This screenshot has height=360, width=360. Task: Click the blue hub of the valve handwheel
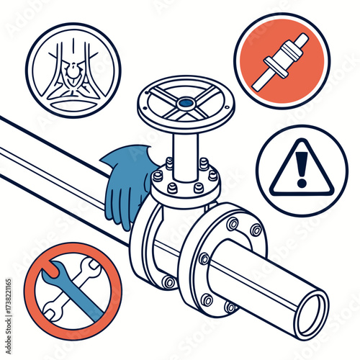[x=186, y=104]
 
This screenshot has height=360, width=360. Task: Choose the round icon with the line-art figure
[x=73, y=71]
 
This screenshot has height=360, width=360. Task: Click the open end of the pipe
[x=310, y=313]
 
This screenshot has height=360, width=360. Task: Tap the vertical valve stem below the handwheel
[x=184, y=155]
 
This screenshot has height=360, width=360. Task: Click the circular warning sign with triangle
[x=302, y=170]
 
